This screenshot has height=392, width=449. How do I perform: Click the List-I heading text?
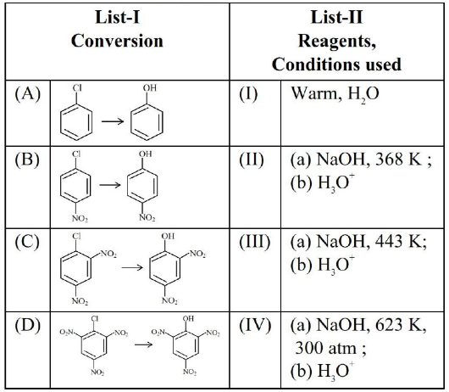pyautogui.click(x=118, y=17)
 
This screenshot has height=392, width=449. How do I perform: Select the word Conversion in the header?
pyautogui.click(x=117, y=41)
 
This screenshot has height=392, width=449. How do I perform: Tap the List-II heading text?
pyautogui.click(x=336, y=17)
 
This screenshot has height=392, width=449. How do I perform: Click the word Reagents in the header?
pyautogui.click(x=337, y=42)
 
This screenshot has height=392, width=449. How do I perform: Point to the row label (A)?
pyautogui.click(x=28, y=94)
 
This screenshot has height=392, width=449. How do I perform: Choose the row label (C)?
pyautogui.click(x=27, y=242)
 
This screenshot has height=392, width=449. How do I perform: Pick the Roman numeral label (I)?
pyautogui.click(x=248, y=94)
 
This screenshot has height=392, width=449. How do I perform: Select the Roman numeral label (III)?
pyautogui.click(x=254, y=242)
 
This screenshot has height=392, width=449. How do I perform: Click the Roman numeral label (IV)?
pyautogui.click(x=255, y=325)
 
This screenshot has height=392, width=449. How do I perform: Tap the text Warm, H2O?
pyautogui.click(x=335, y=94)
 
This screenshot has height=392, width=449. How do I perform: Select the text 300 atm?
pyautogui.click(x=326, y=348)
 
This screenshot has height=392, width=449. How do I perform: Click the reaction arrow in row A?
pyautogui.click(x=113, y=121)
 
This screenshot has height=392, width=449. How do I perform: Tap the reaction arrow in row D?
pyautogui.click(x=144, y=344)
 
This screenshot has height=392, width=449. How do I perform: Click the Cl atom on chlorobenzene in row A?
pyautogui.click(x=77, y=88)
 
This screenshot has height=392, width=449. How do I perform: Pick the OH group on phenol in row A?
pyautogui.click(x=150, y=87)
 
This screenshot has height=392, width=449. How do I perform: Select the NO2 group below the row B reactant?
pyautogui.click(x=80, y=219)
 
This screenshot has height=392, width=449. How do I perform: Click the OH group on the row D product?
pyautogui.click(x=188, y=318)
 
